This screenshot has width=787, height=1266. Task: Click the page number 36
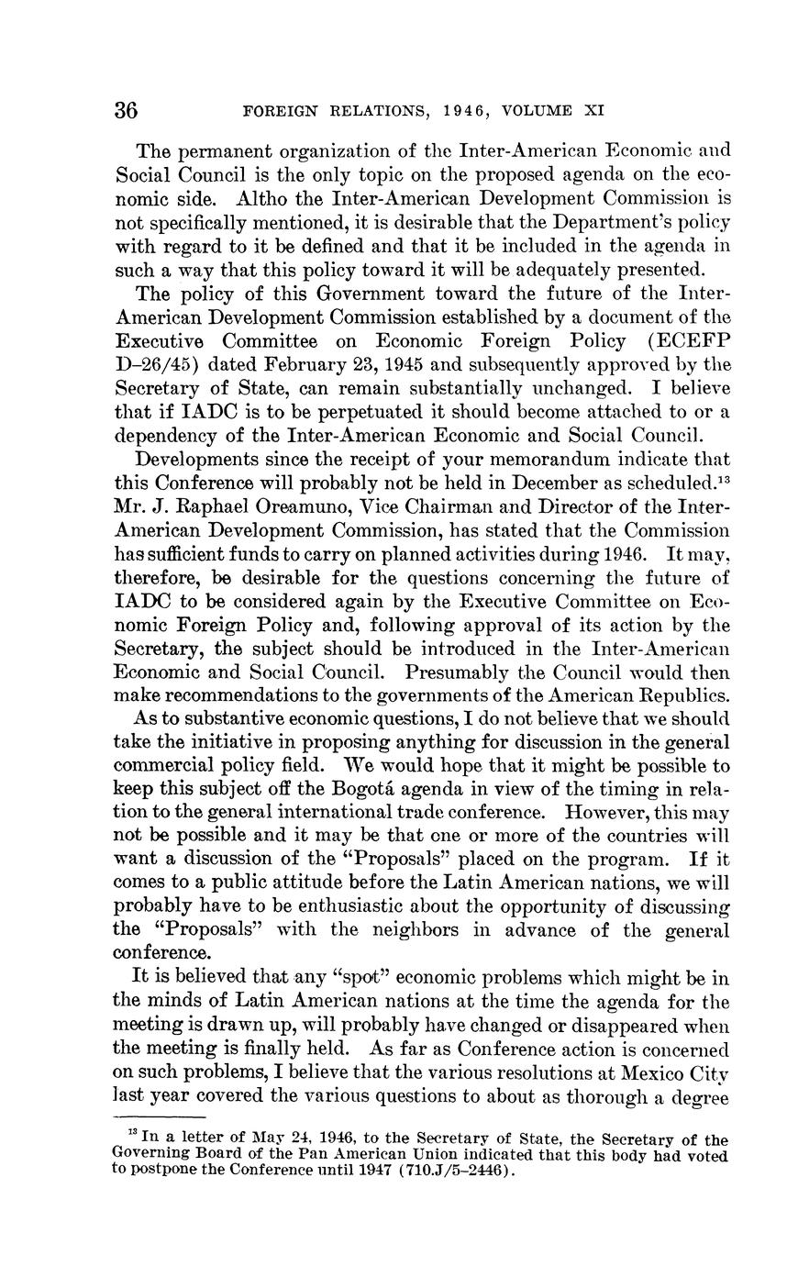pos(127,111)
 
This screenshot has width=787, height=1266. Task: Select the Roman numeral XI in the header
pos(594,111)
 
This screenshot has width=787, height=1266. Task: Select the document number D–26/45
pos(153,365)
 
